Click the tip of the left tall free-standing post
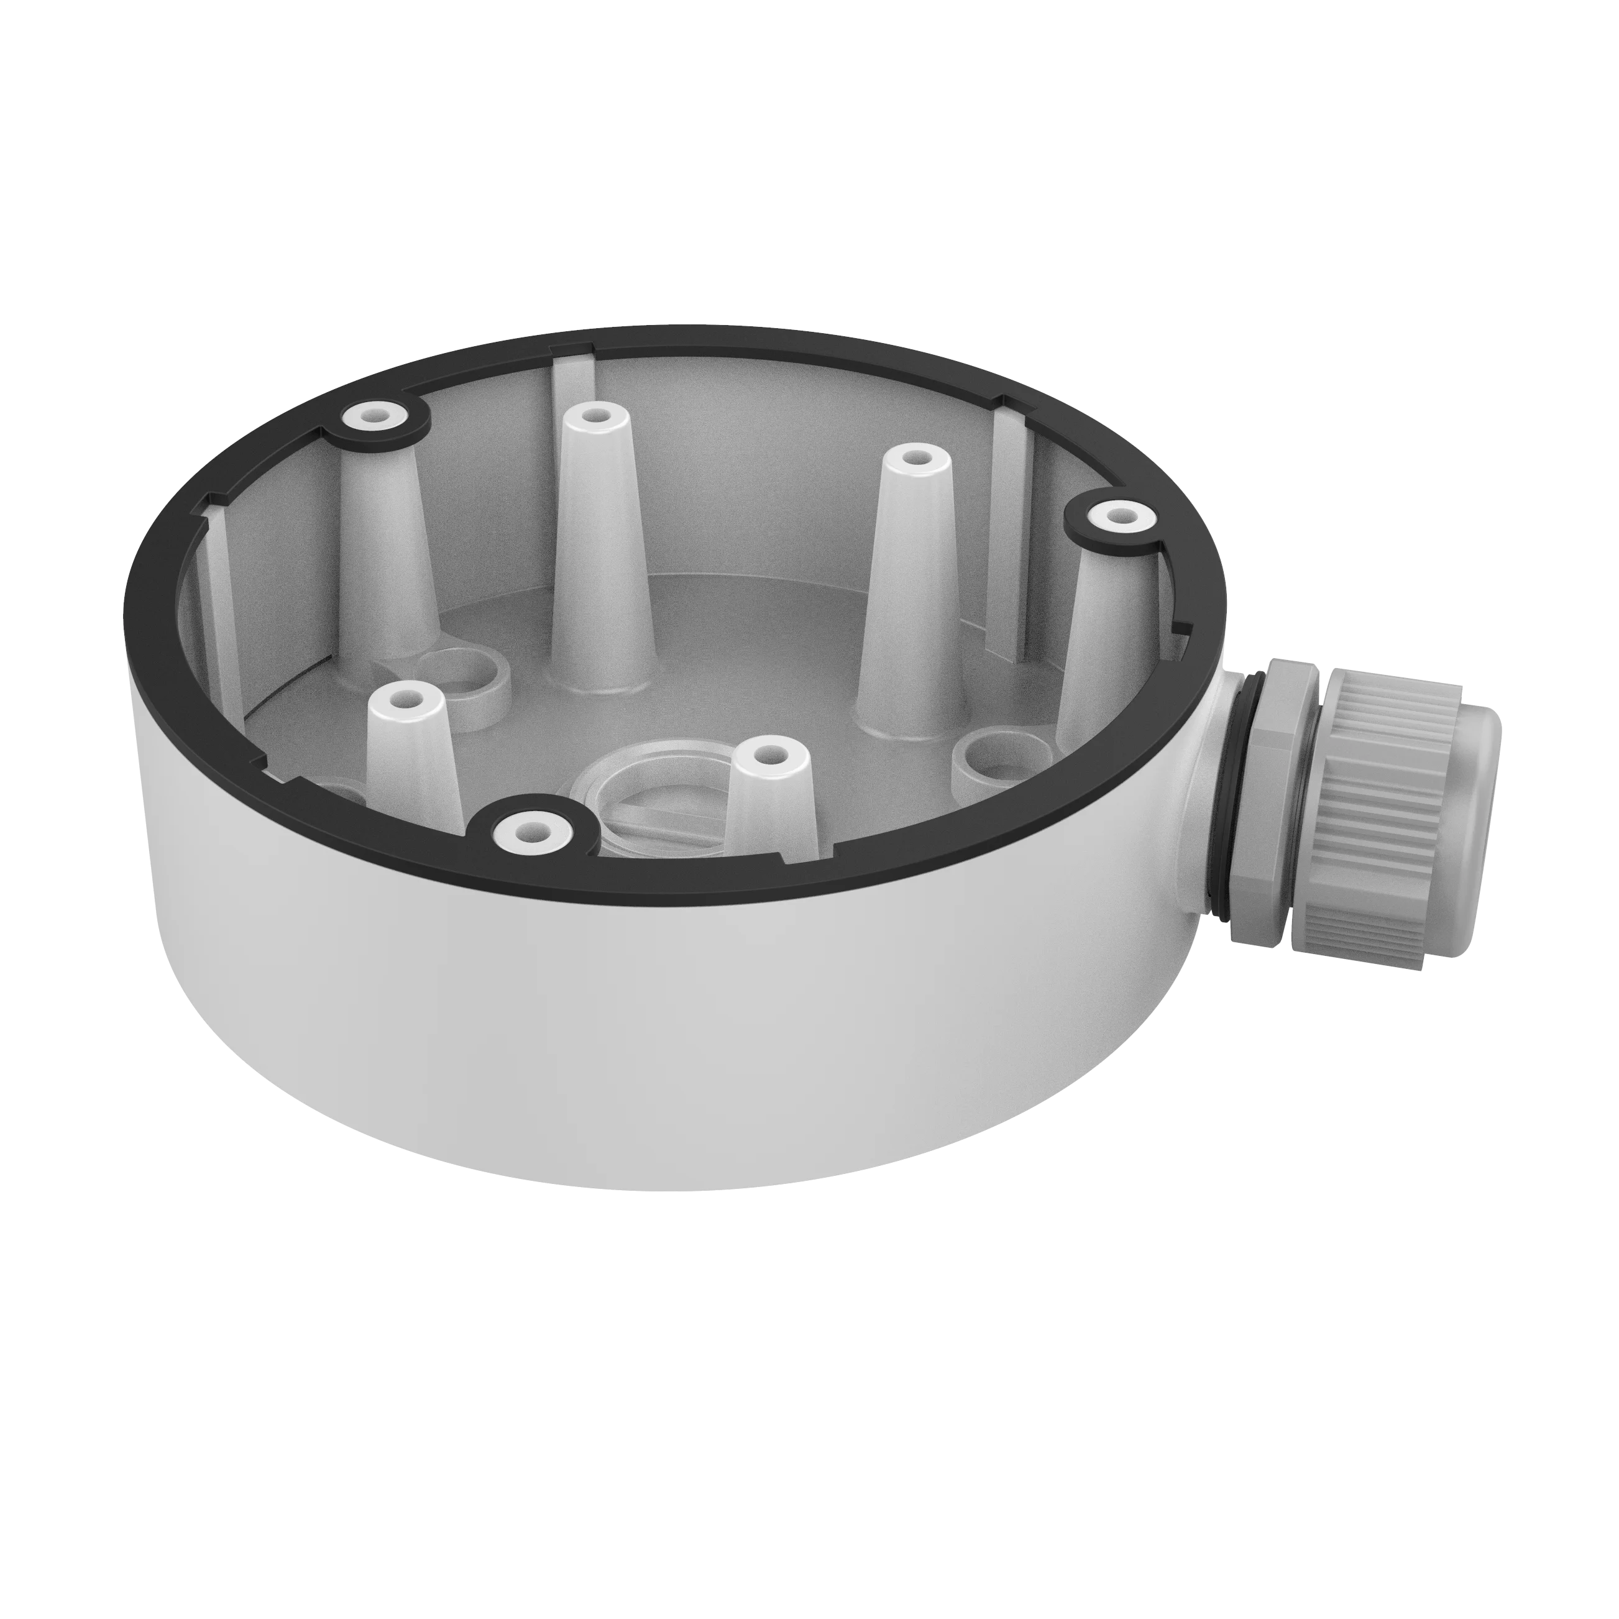(x=596, y=413)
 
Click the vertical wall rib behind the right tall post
(x=1010, y=536)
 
